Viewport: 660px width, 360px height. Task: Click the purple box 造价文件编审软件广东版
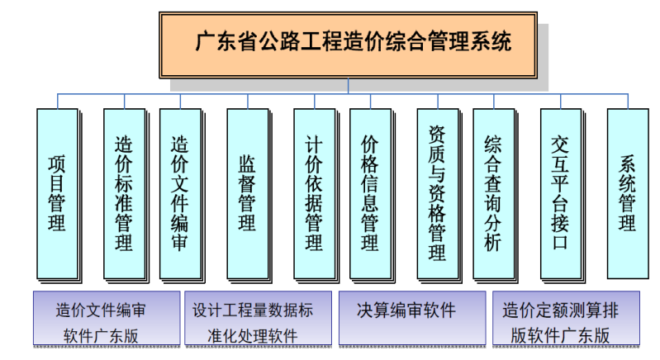pyautogui.click(x=105, y=318)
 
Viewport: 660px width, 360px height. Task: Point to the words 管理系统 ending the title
pyautogui.click(x=469, y=41)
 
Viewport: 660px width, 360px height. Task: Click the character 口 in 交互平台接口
pyautogui.click(x=560, y=243)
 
